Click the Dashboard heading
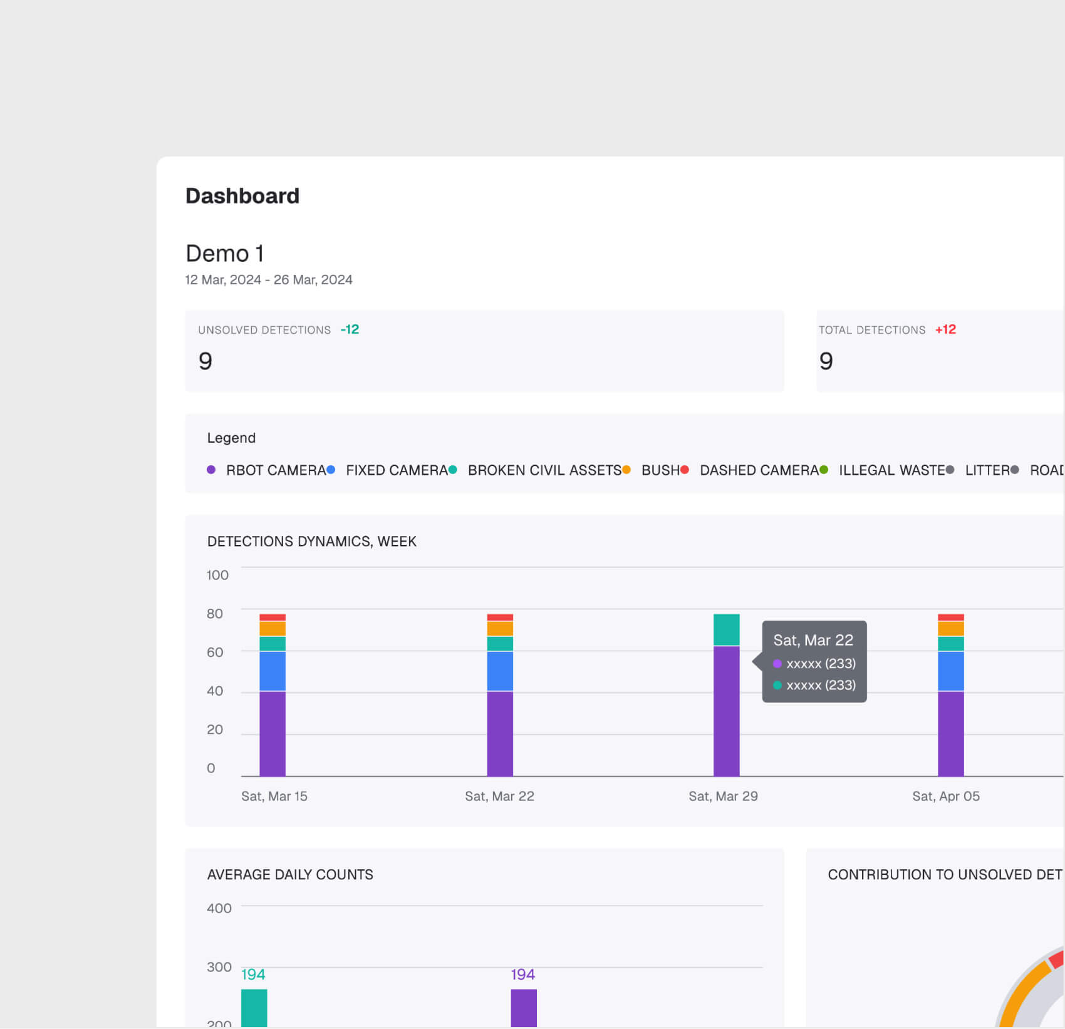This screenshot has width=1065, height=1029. pyautogui.click(x=242, y=196)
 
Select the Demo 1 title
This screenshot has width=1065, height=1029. pyautogui.click(x=224, y=254)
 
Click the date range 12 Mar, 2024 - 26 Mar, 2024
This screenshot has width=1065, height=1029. pyautogui.click(x=268, y=280)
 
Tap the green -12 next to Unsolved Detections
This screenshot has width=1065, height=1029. pyautogui.click(x=350, y=329)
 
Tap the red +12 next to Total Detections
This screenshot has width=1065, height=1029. pyautogui.click(x=945, y=329)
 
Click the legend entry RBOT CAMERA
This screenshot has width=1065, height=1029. pyautogui.click(x=276, y=470)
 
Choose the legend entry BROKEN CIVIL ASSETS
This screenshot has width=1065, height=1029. pyautogui.click(x=544, y=470)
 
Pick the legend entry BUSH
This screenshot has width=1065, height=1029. pyautogui.click(x=660, y=470)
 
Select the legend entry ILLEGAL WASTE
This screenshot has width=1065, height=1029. pyautogui.click(x=891, y=470)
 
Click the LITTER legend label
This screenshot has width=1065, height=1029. pyautogui.click(x=987, y=470)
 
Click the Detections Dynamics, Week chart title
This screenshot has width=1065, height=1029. pyautogui.click(x=311, y=542)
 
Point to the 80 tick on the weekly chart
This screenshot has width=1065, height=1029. pyautogui.click(x=215, y=614)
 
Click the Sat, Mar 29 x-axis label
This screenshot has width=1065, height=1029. pyautogui.click(x=723, y=796)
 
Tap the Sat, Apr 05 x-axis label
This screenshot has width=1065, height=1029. pyautogui.click(x=945, y=796)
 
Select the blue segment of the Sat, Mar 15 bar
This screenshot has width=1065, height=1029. pyautogui.click(x=273, y=671)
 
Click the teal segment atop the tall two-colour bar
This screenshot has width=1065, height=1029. pyautogui.click(x=726, y=629)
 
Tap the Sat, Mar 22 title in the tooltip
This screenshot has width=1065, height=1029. pyautogui.click(x=813, y=640)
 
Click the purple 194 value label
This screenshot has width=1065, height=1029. pyautogui.click(x=522, y=975)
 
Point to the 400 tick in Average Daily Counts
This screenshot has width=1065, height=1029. pyautogui.click(x=219, y=908)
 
